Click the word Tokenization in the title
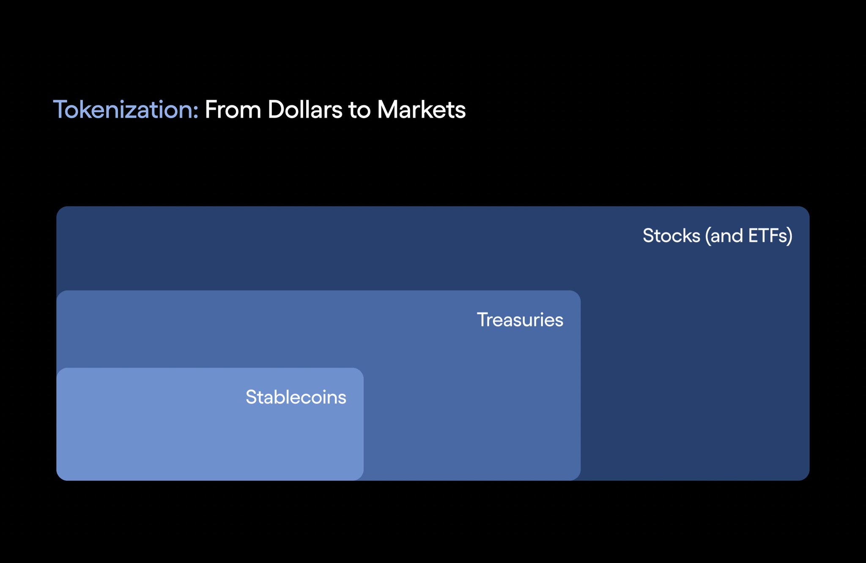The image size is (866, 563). [123, 110]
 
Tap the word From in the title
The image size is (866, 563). [233, 110]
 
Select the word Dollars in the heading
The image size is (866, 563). [305, 110]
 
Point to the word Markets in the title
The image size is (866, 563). [422, 110]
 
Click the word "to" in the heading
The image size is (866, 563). [360, 110]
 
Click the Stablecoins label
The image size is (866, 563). [296, 397]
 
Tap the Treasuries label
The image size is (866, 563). [520, 320]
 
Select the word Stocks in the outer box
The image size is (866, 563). [671, 236]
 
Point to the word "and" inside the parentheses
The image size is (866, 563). [726, 236]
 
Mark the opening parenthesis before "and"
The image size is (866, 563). [707, 236]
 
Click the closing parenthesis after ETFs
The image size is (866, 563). [789, 236]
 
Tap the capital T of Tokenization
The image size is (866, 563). [60, 110]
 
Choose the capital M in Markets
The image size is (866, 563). [388, 110]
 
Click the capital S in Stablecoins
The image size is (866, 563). [252, 397]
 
